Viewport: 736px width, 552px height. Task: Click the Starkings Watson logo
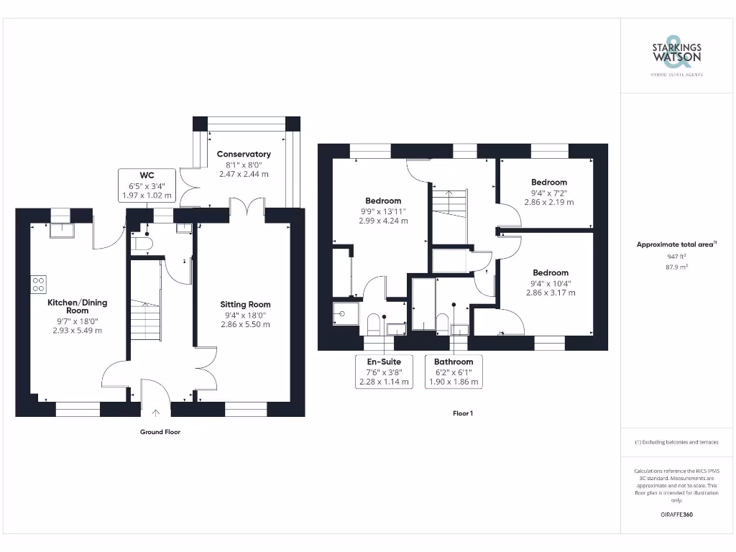(x=676, y=55)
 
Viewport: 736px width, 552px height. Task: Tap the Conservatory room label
(x=244, y=154)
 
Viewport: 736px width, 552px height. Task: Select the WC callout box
(x=147, y=185)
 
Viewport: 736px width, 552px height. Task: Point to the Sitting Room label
(x=245, y=305)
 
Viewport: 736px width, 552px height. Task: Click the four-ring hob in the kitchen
(x=39, y=283)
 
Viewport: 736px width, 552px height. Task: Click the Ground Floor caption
(x=160, y=432)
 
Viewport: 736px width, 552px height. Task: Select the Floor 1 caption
(x=463, y=413)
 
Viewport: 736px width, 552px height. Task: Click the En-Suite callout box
(x=384, y=372)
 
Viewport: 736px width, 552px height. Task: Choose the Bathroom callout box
(x=454, y=372)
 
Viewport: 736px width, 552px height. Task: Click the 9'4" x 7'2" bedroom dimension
(x=549, y=193)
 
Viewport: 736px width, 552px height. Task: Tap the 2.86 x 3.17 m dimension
(x=551, y=293)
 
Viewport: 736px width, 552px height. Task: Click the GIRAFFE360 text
(x=676, y=515)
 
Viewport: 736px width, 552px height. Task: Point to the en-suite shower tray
(x=343, y=313)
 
